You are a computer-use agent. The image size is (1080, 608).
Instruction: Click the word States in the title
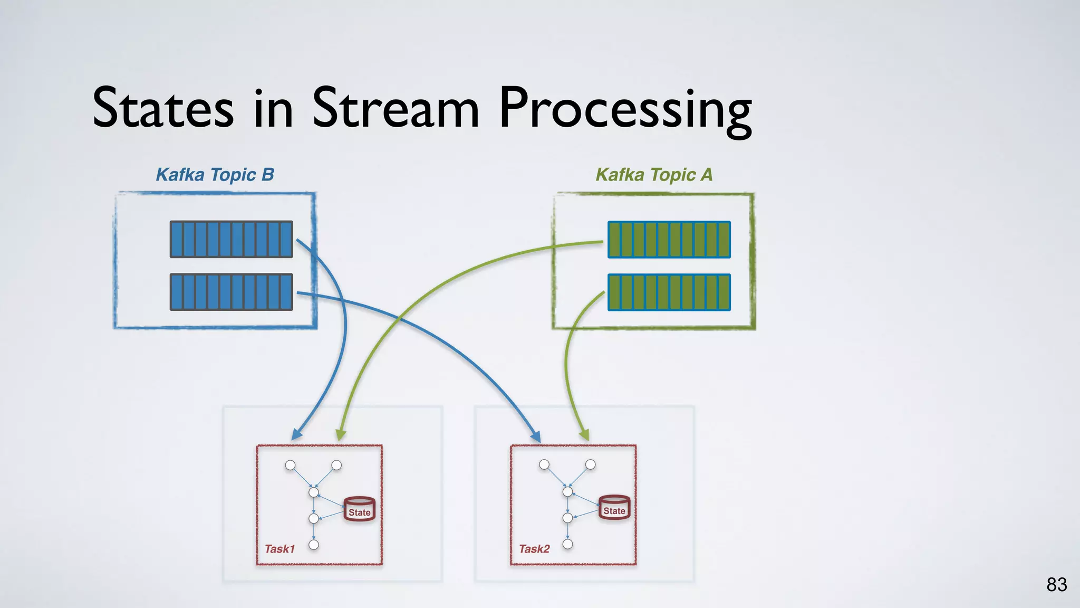[x=163, y=108]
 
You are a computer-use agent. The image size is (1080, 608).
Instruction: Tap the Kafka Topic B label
[x=215, y=175]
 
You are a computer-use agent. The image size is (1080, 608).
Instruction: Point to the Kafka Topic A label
[x=654, y=175]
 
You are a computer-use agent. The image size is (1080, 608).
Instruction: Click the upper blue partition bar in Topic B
[x=231, y=239]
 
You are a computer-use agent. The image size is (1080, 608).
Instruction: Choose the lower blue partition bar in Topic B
[x=231, y=292]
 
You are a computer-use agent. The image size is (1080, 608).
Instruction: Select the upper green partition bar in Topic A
[x=669, y=240]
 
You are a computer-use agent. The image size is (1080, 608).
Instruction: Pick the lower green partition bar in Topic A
[x=669, y=292]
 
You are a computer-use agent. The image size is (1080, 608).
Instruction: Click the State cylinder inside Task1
[x=359, y=509]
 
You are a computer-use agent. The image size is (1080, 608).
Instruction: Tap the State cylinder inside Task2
[x=614, y=508]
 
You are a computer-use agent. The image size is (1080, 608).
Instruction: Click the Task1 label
[x=279, y=549]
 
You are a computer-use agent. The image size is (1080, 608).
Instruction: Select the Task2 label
[x=534, y=549]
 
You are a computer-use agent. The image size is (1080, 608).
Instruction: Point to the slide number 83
[x=1056, y=585]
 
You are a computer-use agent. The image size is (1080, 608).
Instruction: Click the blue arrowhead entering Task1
[x=297, y=434]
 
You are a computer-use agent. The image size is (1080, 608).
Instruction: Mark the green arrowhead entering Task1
[x=341, y=434]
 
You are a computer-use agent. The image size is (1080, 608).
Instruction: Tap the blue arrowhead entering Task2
[x=536, y=436]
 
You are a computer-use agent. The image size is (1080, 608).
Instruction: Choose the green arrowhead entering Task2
[x=584, y=435]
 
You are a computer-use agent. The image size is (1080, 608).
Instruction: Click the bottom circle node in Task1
[x=314, y=545]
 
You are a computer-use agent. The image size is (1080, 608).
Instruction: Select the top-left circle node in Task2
[x=544, y=464]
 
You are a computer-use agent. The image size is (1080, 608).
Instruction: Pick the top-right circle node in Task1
[x=336, y=465]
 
